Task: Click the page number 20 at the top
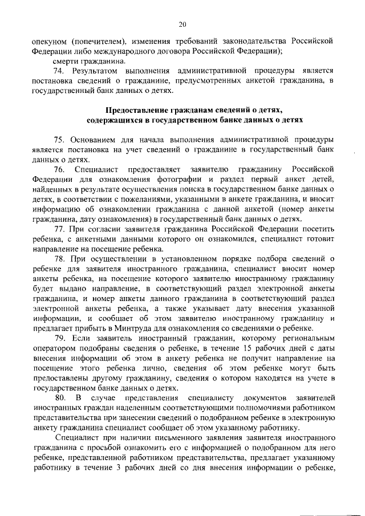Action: pyautogui.click(x=182, y=24)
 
